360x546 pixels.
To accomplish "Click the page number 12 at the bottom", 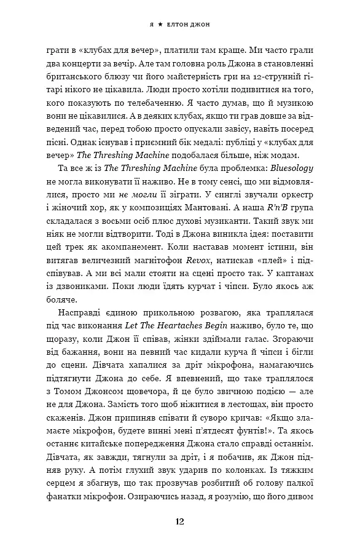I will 179,521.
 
